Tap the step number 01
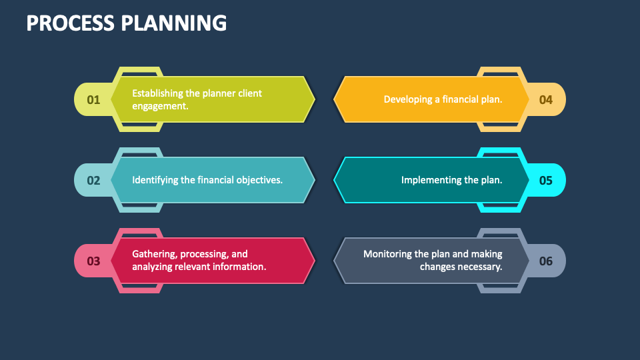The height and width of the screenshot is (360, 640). tap(93, 100)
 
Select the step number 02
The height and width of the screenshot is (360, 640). tap(93, 180)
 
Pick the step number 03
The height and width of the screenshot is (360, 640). tap(93, 261)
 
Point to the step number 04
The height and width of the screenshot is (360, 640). tap(546, 100)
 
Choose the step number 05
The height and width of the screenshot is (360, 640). tap(546, 180)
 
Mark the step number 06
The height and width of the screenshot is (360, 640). tap(546, 261)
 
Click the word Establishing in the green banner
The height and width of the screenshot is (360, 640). tap(158, 93)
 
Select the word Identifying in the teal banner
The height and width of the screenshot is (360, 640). tap(155, 180)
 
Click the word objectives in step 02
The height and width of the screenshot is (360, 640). tap(259, 180)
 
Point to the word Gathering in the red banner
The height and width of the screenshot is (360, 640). tap(153, 254)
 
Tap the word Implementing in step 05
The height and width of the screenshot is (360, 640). tap(431, 180)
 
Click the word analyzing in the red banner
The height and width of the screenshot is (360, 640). tap(154, 267)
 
